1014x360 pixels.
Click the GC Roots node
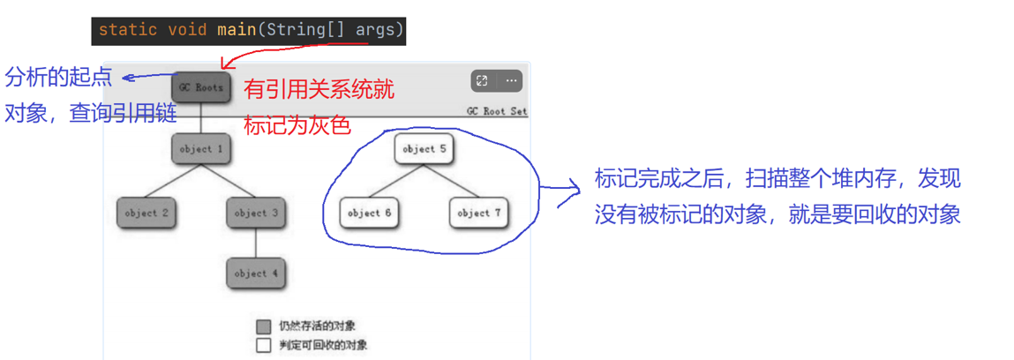(201, 87)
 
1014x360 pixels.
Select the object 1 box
(201, 149)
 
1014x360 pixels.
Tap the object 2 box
(146, 213)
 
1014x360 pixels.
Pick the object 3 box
(256, 213)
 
